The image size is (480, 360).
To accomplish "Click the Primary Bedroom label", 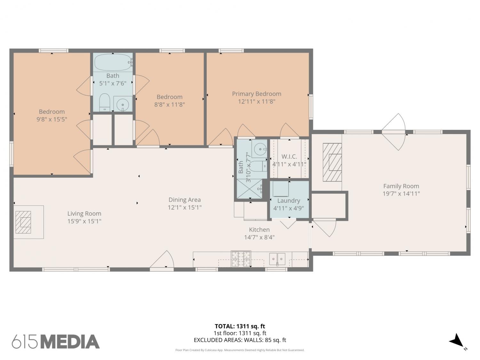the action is click(257, 94).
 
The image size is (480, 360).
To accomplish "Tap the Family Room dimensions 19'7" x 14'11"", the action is click(401, 194).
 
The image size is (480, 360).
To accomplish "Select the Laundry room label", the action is click(289, 201).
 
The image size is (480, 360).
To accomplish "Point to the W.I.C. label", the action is click(289, 156).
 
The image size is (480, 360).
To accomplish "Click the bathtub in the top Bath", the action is click(113, 62).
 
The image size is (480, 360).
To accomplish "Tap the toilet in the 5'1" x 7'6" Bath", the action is click(105, 103).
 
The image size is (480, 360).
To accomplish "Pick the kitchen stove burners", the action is click(241, 259).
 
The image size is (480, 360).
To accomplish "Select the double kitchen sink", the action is click(277, 259).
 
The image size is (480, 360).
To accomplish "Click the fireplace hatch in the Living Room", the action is click(23, 222).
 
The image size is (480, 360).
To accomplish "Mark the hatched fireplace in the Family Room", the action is click(332, 162).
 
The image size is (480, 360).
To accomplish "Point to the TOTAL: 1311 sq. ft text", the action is click(240, 326).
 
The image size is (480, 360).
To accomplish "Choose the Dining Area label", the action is click(185, 200).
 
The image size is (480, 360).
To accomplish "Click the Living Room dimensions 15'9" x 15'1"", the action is click(84, 221).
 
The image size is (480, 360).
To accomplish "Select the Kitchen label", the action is click(259, 230).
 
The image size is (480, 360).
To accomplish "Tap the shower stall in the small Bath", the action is click(250, 188).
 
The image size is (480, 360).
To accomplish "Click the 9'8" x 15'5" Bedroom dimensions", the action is click(52, 119).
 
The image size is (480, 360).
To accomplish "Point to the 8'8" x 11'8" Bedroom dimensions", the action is click(170, 105).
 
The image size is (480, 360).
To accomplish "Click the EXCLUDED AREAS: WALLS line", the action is click(240, 340).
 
